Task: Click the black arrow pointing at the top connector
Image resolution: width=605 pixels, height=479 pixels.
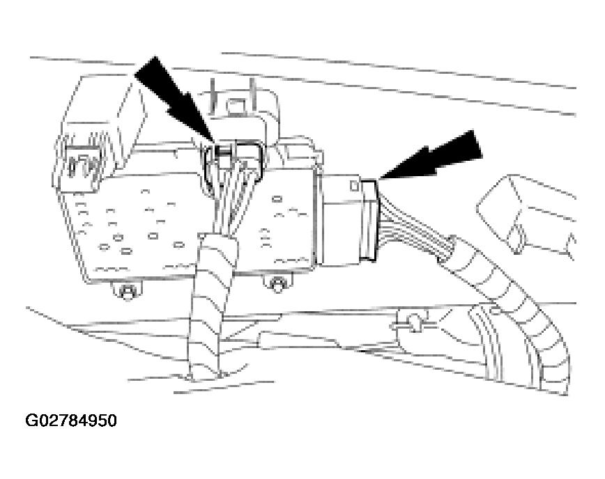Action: click(x=174, y=99)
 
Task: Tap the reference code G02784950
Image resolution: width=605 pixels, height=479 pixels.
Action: click(x=71, y=421)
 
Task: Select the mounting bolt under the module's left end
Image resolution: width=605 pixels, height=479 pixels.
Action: click(x=125, y=290)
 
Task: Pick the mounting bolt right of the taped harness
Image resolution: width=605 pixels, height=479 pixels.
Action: click(x=277, y=284)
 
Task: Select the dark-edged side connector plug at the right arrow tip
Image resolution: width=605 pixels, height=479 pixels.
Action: click(x=369, y=219)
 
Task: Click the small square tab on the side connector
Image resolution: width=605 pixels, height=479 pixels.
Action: click(x=355, y=186)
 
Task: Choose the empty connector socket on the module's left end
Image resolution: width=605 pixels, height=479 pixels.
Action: click(x=80, y=162)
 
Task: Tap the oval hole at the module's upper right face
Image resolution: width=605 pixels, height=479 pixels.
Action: click(x=277, y=199)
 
